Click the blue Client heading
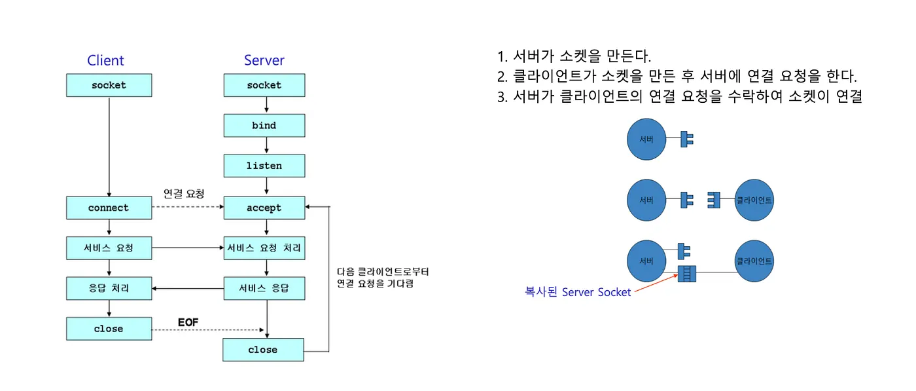(105, 60)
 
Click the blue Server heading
(264, 60)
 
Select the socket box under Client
(109, 85)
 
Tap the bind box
(264, 125)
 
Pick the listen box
(264, 166)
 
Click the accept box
(264, 208)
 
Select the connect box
(109, 208)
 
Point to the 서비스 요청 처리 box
(264, 248)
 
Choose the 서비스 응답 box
(264, 288)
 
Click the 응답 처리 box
(109, 288)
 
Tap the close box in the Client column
(109, 328)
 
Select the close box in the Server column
(263, 350)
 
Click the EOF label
(188, 322)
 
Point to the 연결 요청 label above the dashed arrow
(183, 194)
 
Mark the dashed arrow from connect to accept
(187, 208)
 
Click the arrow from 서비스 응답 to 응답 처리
(187, 288)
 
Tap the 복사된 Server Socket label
(578, 292)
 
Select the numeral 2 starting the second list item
(502, 76)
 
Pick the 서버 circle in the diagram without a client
(646, 138)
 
